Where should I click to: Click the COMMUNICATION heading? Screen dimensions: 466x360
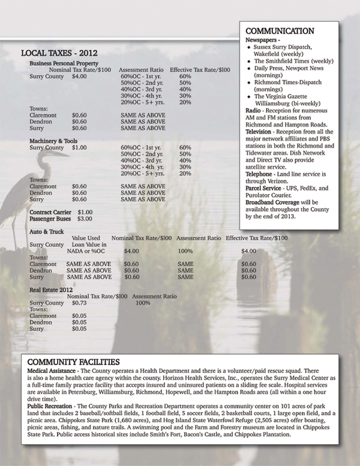(281, 31)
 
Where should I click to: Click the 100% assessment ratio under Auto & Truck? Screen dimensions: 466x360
(185, 251)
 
